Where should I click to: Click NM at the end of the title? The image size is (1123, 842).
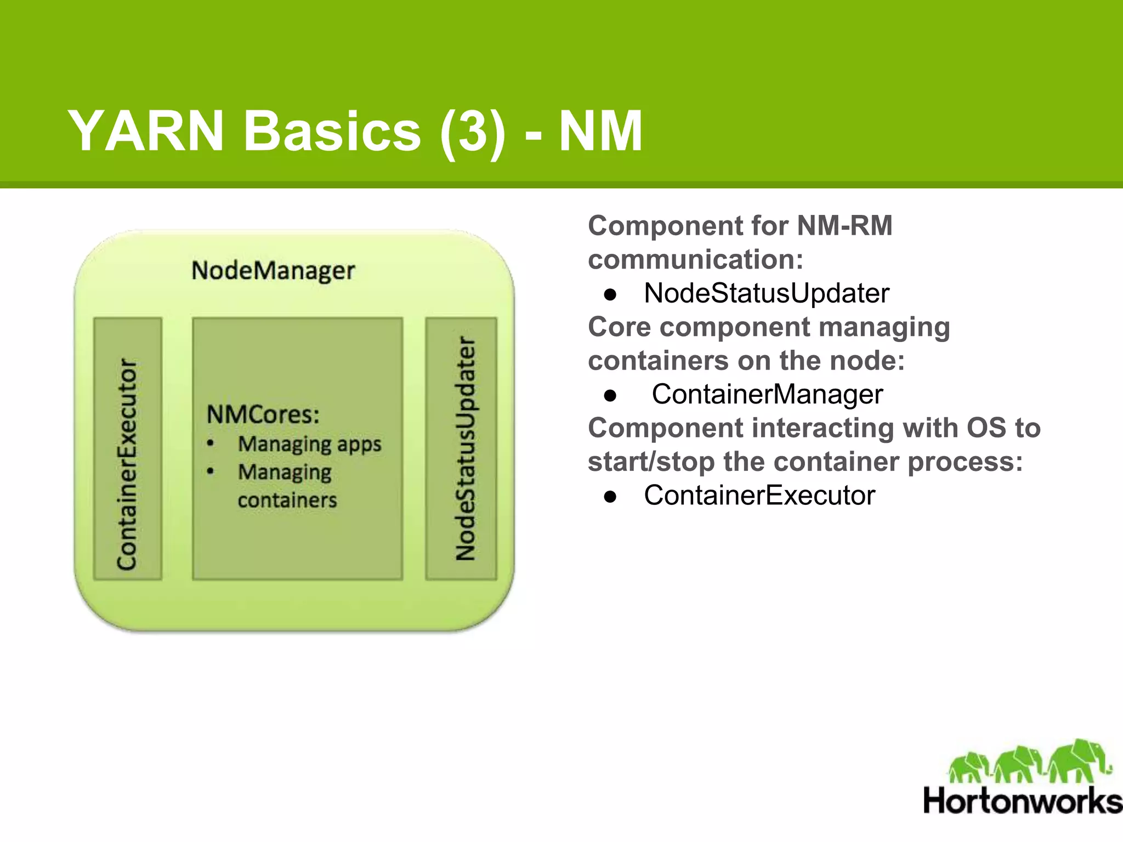click(600, 132)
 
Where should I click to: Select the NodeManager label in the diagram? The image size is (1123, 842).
click(273, 271)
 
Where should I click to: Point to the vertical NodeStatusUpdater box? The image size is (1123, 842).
click(462, 448)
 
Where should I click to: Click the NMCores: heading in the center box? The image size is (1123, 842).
click(263, 414)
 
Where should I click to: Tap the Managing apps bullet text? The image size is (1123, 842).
click(309, 444)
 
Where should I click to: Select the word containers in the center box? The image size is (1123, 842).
click(287, 500)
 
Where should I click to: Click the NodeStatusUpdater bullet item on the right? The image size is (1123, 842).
click(766, 293)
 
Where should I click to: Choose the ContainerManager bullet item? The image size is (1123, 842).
click(767, 394)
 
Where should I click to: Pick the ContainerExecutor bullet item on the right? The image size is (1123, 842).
click(759, 496)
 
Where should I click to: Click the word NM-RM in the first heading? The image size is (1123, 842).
click(844, 226)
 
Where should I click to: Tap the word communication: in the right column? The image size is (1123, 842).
click(695, 259)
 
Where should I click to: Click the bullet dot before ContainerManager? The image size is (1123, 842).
click(610, 395)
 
